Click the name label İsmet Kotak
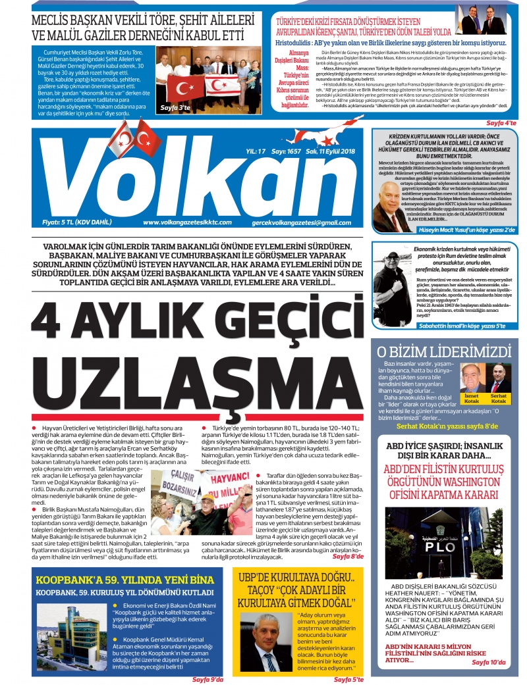[472, 398]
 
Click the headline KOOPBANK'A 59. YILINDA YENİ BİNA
[125, 580]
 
